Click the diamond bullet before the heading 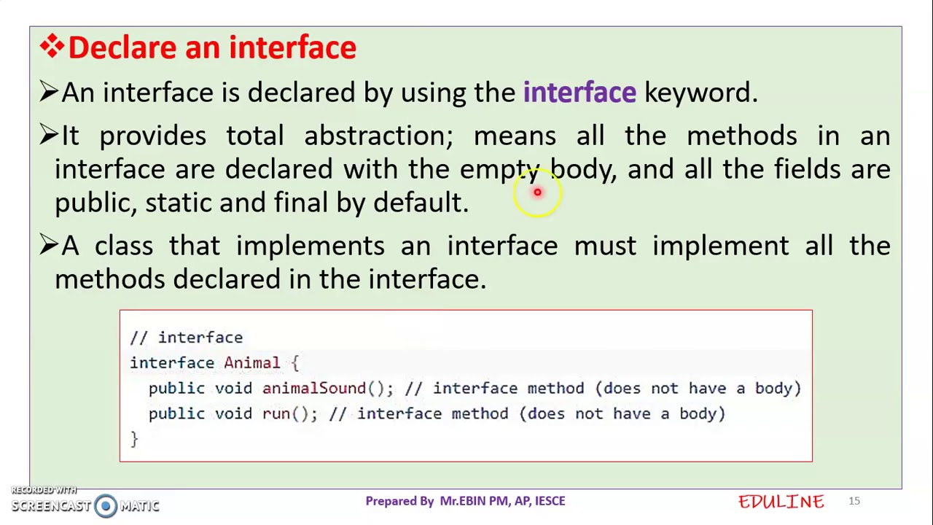(52, 47)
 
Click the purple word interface (579, 93)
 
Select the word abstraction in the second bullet (378, 136)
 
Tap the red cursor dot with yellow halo (537, 192)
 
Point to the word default (420, 203)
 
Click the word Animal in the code (251, 363)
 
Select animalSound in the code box (313, 389)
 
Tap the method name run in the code (276, 414)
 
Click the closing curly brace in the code (134, 438)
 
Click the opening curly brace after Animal (294, 363)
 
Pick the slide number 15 (854, 501)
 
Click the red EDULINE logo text (781, 502)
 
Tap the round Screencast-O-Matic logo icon (106, 506)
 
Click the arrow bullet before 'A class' (48, 245)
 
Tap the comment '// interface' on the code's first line (186, 338)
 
